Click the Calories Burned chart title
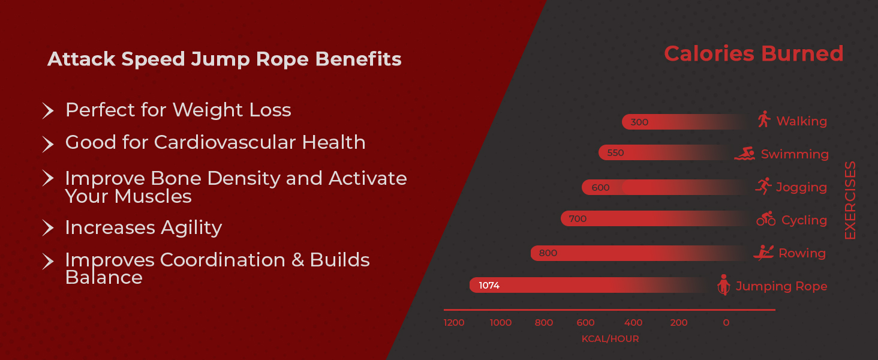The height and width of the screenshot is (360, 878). pyautogui.click(x=753, y=54)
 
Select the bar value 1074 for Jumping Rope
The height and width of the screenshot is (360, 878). pyautogui.click(x=489, y=286)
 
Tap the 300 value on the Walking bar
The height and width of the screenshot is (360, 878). pyautogui.click(x=639, y=122)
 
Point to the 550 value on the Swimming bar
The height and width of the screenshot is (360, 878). pyautogui.click(x=615, y=153)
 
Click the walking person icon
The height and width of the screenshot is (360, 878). pyautogui.click(x=763, y=119)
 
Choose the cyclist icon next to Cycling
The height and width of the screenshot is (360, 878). pyautogui.click(x=766, y=219)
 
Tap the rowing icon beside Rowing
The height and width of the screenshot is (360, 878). pyautogui.click(x=763, y=253)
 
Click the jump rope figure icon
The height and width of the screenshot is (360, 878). pyautogui.click(x=724, y=285)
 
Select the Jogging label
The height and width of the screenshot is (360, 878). pyautogui.click(x=801, y=187)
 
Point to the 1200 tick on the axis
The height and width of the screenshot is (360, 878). pyautogui.click(x=454, y=323)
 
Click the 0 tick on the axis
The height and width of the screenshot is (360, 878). pyautogui.click(x=726, y=323)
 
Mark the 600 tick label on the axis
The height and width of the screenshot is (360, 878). pyautogui.click(x=585, y=323)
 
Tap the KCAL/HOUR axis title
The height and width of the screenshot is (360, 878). pyautogui.click(x=610, y=339)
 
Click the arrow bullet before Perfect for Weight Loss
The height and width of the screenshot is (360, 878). pyautogui.click(x=48, y=110)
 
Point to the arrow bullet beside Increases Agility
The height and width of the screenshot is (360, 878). pyautogui.click(x=48, y=228)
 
